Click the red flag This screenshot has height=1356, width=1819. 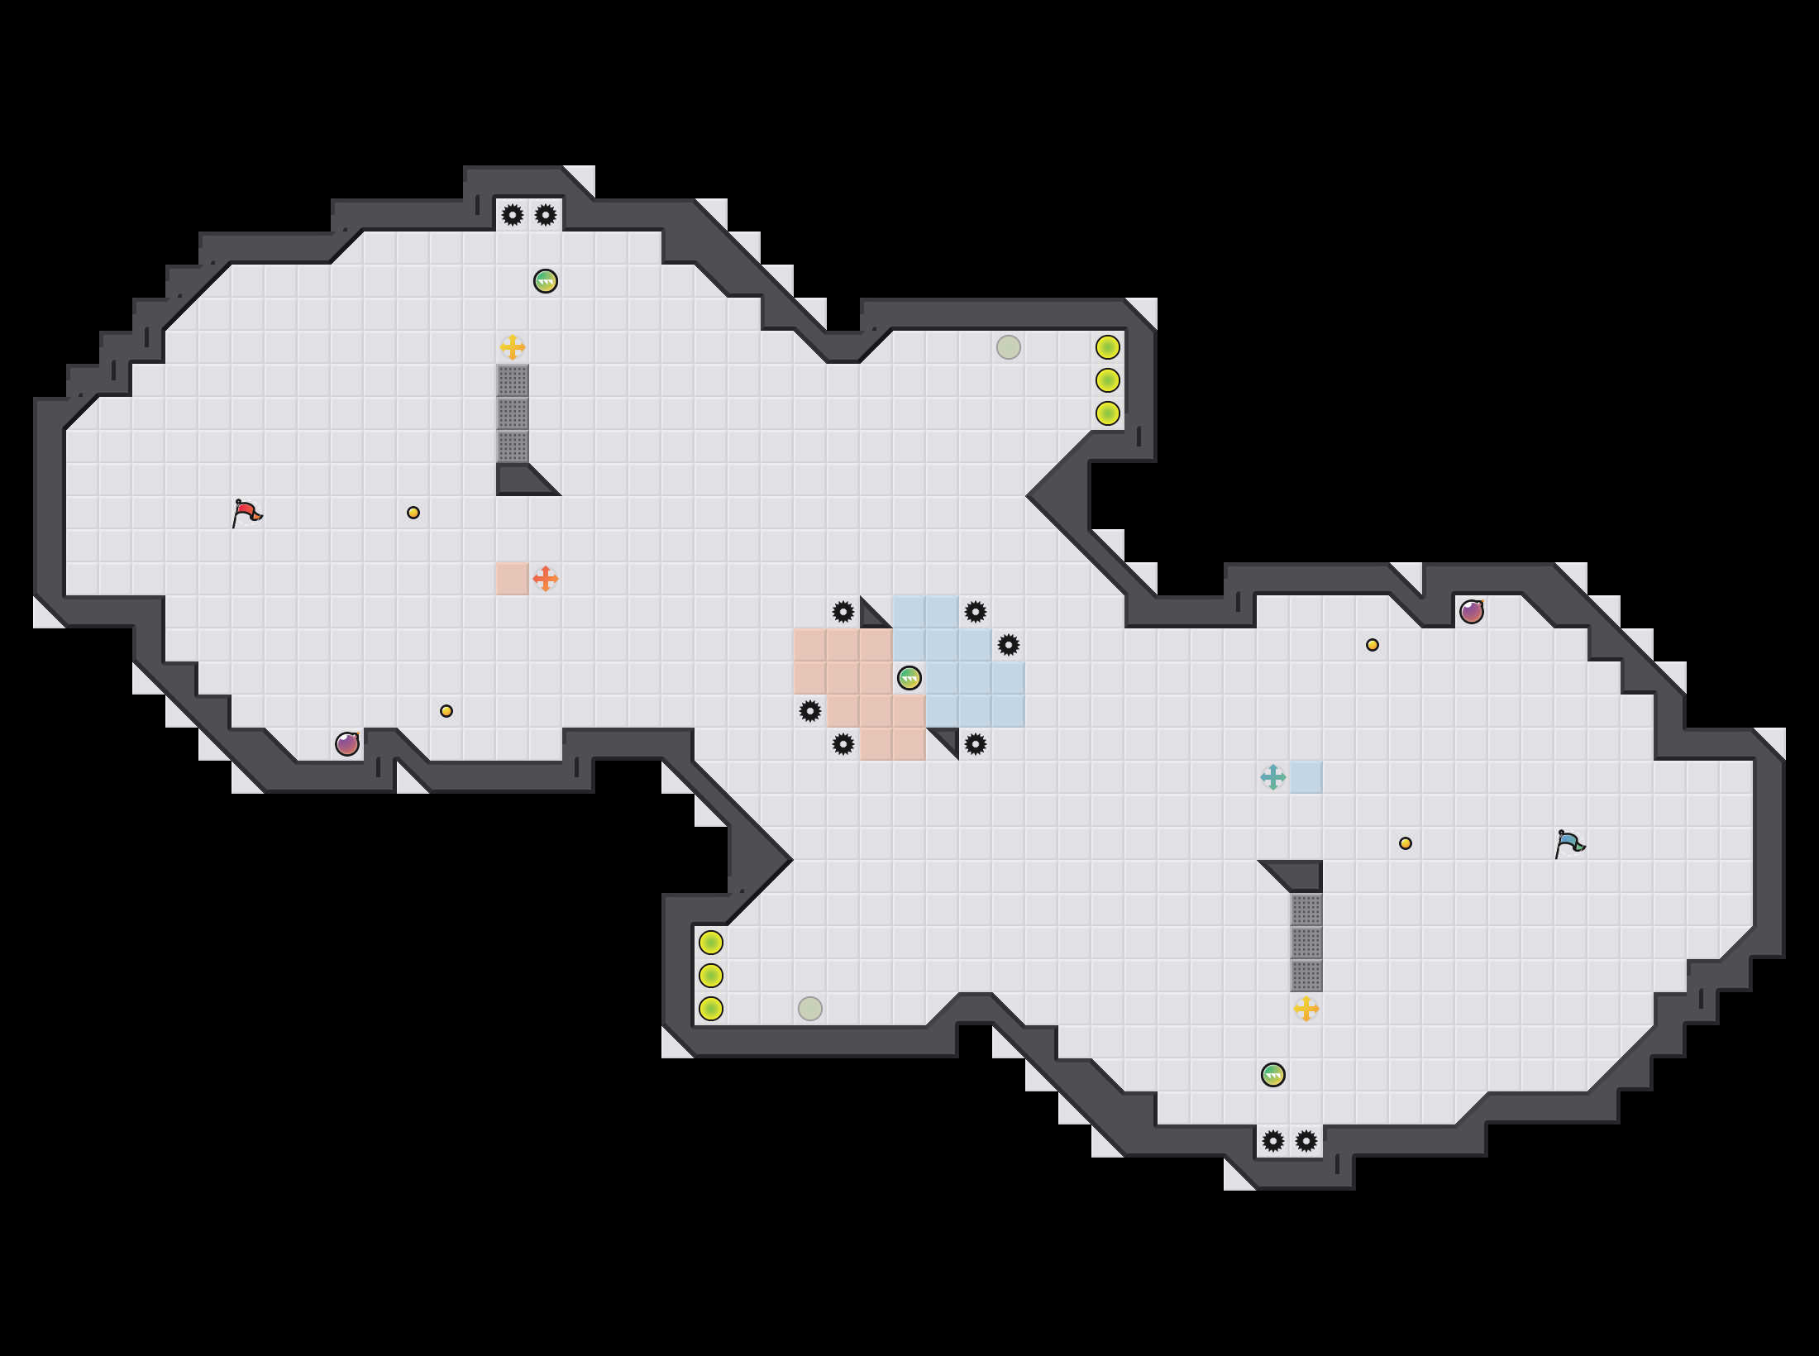pos(246,513)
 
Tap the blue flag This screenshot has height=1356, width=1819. pos(1569,844)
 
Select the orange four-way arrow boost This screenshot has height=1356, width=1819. pos(546,579)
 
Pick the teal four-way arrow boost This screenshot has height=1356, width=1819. pos(1273,777)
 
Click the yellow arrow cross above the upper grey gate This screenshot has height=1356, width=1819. pos(513,347)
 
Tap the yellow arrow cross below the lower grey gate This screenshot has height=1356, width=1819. pos(1306,1009)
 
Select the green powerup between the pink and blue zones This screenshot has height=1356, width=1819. pos(909,678)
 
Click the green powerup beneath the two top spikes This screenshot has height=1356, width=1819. pos(546,281)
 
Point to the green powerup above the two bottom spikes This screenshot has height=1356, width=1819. pos(1273,1075)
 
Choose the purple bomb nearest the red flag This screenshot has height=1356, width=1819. pos(347,744)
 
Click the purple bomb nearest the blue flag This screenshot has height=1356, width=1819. pos(1472,612)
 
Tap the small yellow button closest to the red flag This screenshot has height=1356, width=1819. pos(413,513)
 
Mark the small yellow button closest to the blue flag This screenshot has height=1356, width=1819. pos(1406,843)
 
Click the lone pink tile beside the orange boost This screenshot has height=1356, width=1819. pos(513,579)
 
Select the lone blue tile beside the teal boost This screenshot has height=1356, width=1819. pos(1306,777)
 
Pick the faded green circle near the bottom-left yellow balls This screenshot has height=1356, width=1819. pos(810,1009)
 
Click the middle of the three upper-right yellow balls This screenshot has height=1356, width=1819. pos(1108,380)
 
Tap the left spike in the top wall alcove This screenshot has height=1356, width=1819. pos(513,215)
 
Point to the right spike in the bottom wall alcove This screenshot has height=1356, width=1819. pos(1306,1141)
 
